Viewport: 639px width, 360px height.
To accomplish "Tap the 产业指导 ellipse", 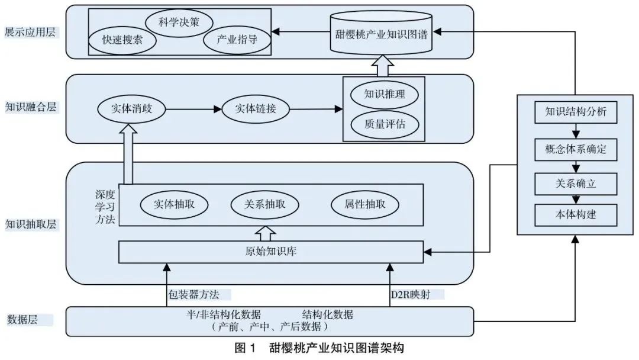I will point(232,40).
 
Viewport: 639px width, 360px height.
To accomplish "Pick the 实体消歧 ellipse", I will point(131,109).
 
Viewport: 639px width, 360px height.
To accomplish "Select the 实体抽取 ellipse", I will point(175,204).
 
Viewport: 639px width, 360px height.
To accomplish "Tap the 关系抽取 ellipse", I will point(264,204).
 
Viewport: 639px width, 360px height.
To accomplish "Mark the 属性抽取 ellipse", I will point(365,204).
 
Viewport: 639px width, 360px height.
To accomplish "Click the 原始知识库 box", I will point(271,251).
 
